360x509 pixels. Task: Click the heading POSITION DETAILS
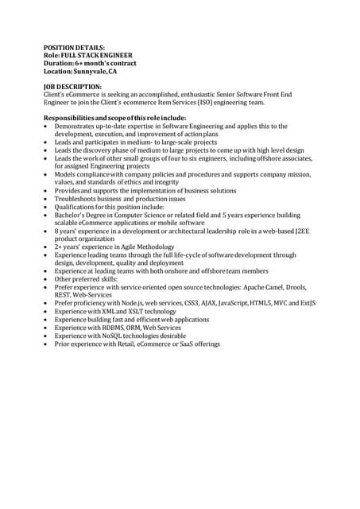click(73, 48)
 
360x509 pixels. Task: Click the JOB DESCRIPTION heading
click(72, 86)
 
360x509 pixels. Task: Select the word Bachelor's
click(72, 215)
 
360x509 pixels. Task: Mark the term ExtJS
click(305, 303)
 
